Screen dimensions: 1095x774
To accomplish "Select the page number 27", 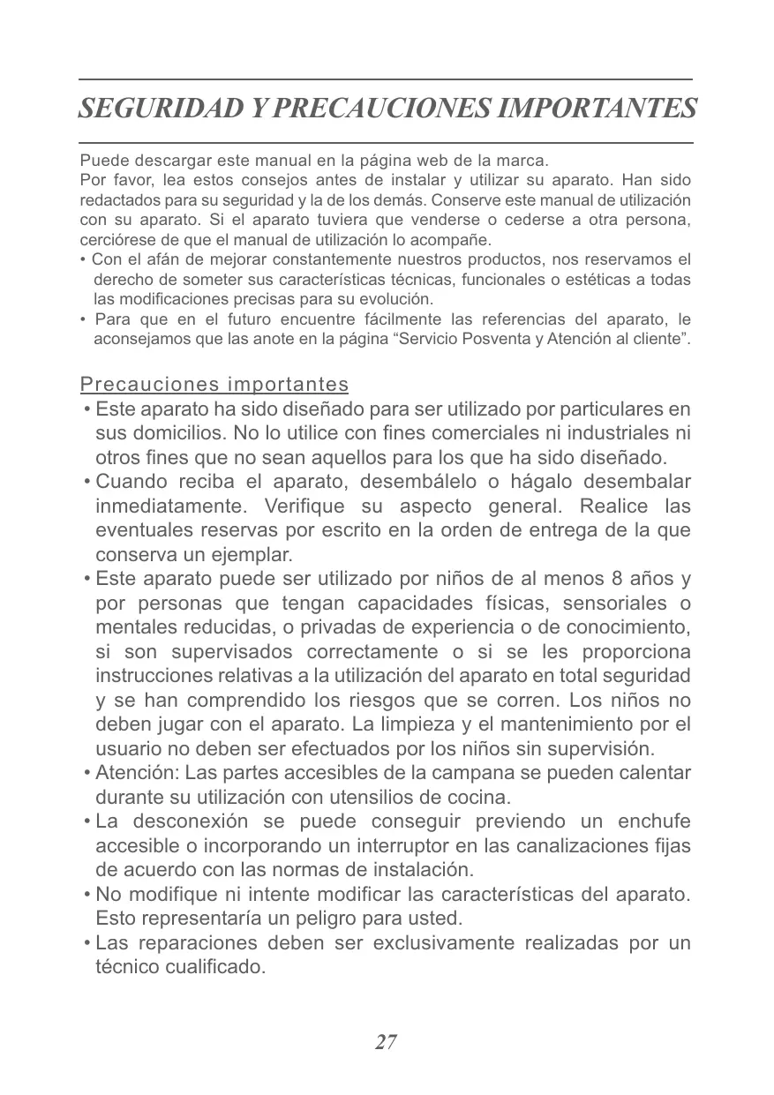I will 386,1042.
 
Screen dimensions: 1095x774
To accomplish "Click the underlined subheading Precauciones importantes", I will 214,386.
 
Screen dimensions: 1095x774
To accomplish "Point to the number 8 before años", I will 615,580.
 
